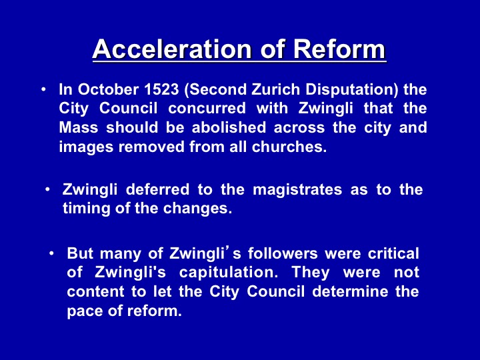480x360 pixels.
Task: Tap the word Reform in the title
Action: (339, 49)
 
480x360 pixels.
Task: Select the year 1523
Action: (161, 89)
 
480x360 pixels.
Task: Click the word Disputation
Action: (351, 90)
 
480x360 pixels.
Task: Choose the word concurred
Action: (207, 109)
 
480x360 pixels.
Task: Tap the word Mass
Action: (79, 127)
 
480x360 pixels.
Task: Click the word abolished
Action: (229, 127)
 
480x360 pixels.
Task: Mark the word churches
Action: (289, 147)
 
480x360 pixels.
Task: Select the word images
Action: (86, 147)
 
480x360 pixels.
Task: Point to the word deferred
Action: (157, 189)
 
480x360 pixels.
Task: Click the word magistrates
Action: (297, 190)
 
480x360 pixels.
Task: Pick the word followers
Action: (283, 253)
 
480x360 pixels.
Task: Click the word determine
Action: (350, 291)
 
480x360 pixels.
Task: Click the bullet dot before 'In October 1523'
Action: (44, 89)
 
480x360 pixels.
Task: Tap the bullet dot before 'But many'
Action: (52, 253)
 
